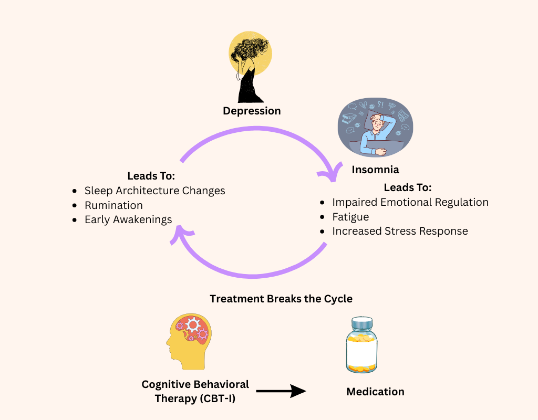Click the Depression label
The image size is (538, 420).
252,111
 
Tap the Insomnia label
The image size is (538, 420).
375,170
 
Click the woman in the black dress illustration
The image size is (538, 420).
250,68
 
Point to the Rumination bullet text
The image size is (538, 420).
113,205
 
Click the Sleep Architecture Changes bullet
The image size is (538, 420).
154,191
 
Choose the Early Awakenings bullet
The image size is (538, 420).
128,220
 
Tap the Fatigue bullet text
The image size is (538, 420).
350,217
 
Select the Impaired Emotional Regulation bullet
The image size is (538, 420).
410,202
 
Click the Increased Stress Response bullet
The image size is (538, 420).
399,231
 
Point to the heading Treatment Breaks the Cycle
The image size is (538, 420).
281,299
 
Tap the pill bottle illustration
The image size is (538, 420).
361,345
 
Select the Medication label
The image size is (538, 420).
375,392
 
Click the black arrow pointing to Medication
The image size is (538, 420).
281,391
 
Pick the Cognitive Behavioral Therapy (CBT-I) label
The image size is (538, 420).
195,392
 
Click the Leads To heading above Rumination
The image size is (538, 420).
151,176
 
